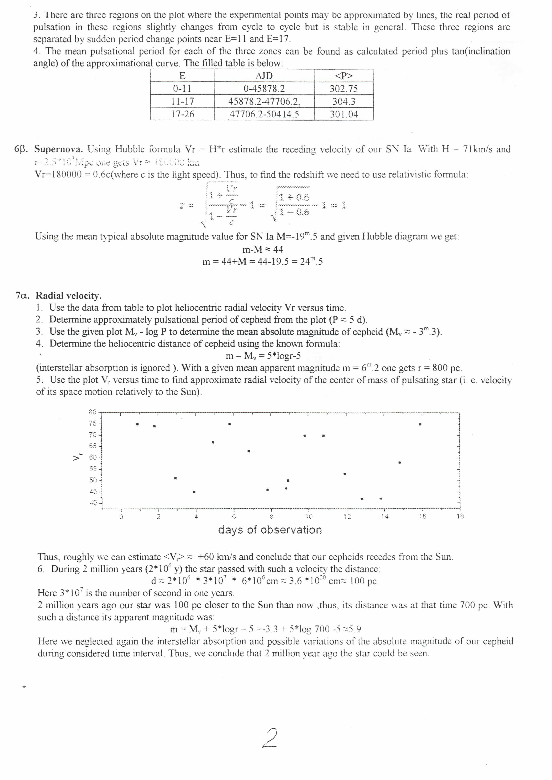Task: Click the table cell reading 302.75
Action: point(344,89)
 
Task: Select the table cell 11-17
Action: point(182,101)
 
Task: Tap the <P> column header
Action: point(344,76)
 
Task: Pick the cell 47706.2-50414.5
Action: point(264,114)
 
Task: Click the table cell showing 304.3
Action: point(344,101)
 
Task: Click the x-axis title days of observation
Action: point(270,530)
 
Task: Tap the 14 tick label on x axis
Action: point(384,516)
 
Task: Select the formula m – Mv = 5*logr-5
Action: point(263,356)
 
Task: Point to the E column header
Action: point(182,76)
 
